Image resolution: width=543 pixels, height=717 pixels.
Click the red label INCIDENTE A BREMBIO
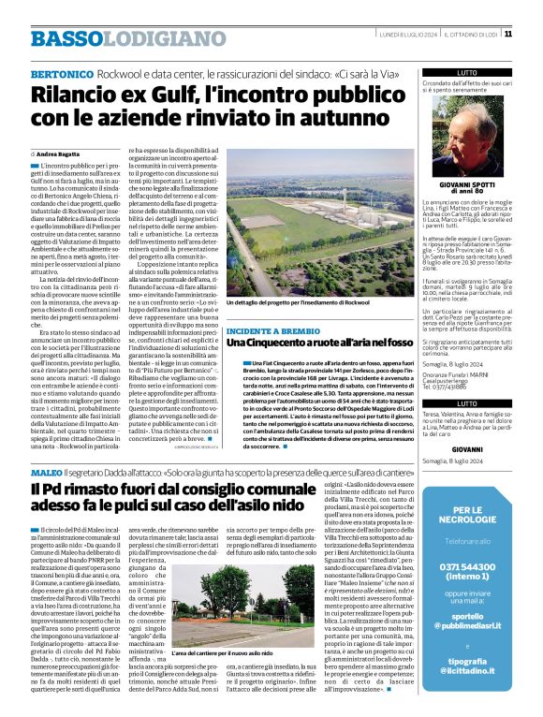[x=271, y=331]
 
